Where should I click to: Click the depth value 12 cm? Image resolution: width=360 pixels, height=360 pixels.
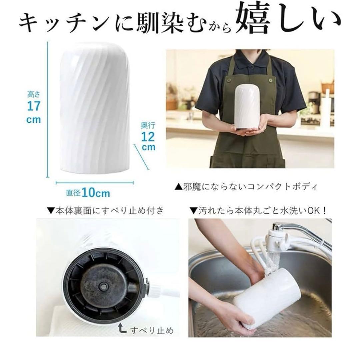click(x=148, y=141)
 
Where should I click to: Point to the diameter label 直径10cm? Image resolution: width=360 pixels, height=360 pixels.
click(x=88, y=193)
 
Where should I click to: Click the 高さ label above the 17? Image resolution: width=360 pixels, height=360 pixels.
click(x=33, y=95)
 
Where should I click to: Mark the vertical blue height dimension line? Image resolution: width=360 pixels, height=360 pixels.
click(x=48, y=110)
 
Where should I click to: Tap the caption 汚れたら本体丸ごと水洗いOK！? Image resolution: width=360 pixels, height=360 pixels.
click(x=258, y=210)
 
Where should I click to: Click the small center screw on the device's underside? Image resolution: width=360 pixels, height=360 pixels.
click(x=104, y=286)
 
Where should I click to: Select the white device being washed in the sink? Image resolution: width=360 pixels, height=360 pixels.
click(x=267, y=300)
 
